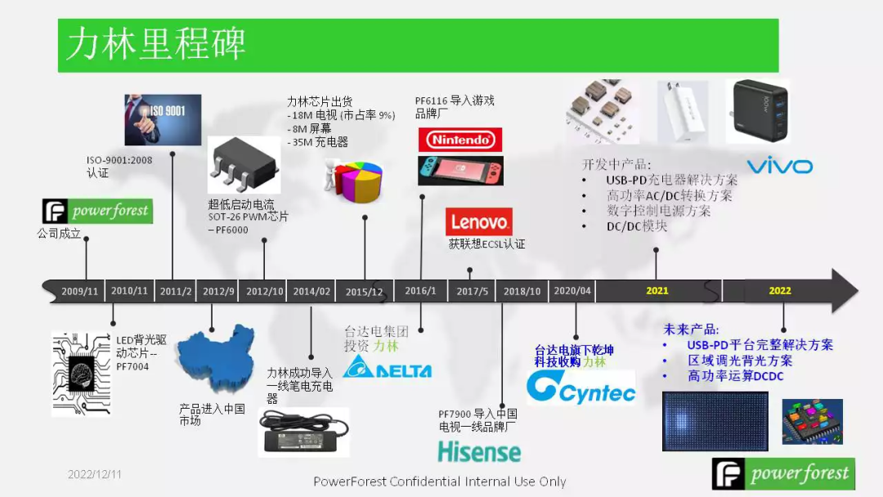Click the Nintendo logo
click(x=460, y=140)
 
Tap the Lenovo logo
click(x=479, y=222)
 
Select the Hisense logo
click(x=478, y=451)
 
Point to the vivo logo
click(x=779, y=167)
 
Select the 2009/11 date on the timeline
click(x=79, y=291)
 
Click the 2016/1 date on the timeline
click(x=421, y=291)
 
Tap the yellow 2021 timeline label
click(x=657, y=291)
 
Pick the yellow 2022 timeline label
click(x=780, y=291)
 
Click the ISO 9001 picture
click(x=163, y=120)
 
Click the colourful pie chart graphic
click(x=357, y=181)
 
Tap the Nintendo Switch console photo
click(x=460, y=171)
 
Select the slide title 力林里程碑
click(x=156, y=44)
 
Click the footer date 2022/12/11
click(x=94, y=474)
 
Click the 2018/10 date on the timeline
click(x=522, y=291)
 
